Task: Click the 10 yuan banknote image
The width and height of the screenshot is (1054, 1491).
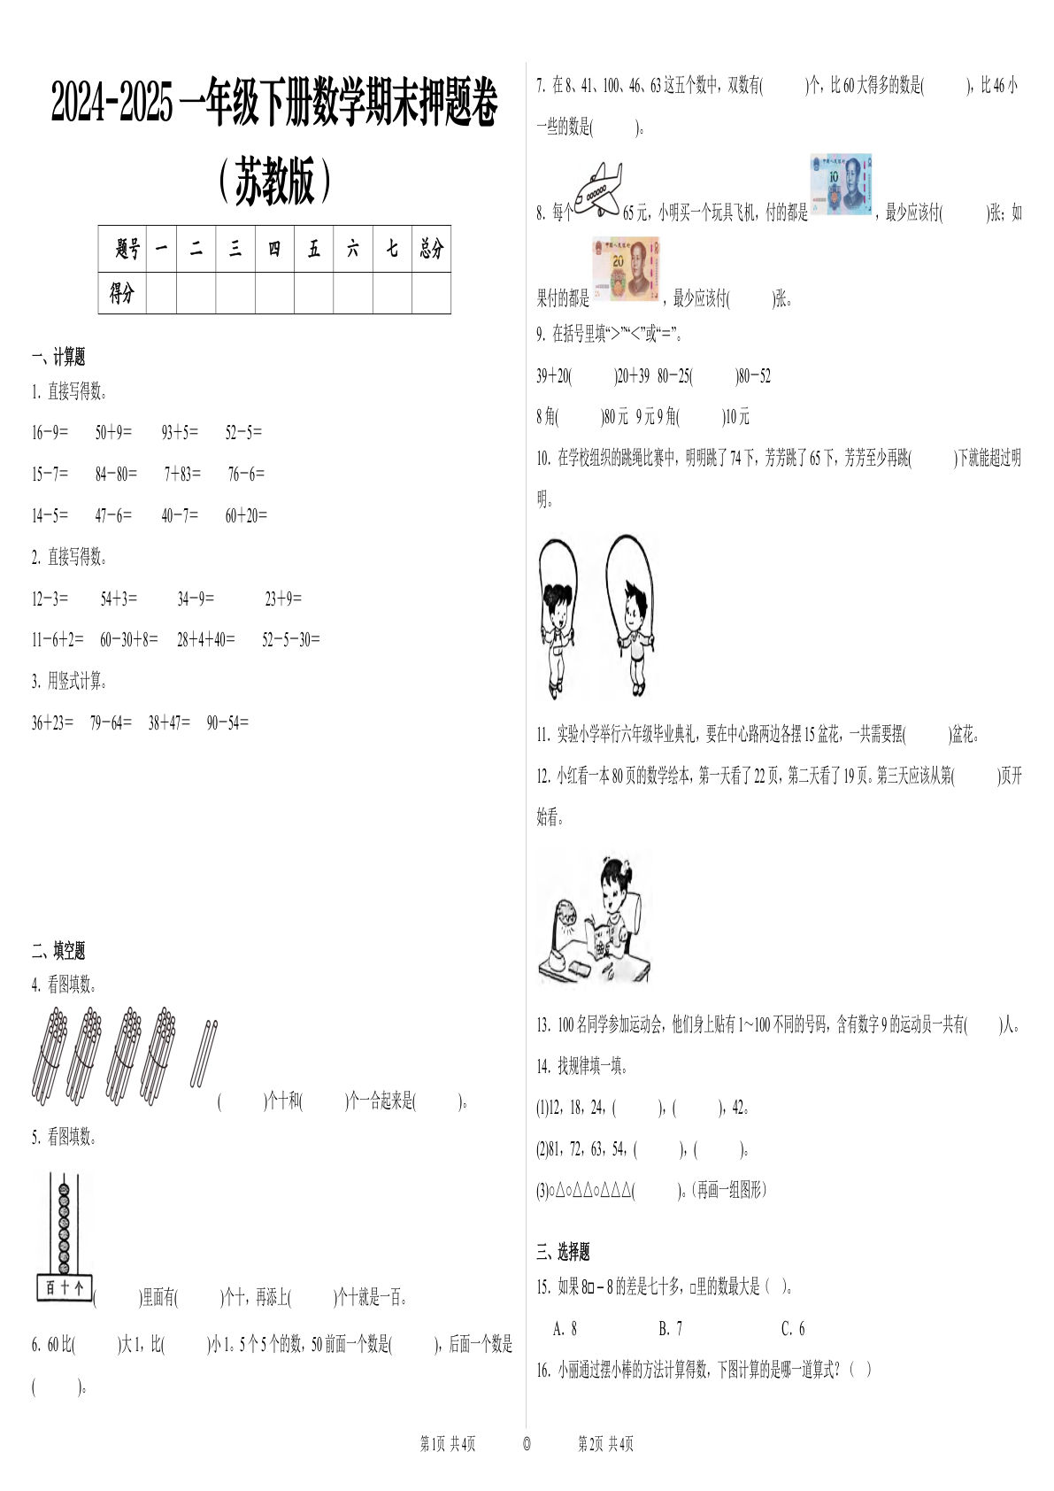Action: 840,184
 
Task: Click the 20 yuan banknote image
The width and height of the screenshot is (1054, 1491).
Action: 626,269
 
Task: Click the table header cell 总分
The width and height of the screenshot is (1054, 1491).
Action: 431,249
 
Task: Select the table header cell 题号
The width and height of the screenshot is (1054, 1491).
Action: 127,249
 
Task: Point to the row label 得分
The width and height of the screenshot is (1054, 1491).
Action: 122,293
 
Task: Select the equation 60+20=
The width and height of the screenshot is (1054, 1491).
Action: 246,515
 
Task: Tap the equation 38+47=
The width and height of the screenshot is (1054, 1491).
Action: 169,722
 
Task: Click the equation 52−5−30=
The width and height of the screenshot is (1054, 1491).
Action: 290,639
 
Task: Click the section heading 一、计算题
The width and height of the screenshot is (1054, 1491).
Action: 58,358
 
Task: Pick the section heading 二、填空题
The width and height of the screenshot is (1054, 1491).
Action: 58,951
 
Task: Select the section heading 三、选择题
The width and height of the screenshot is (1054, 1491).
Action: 563,1252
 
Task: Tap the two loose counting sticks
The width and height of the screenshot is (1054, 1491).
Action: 204,1054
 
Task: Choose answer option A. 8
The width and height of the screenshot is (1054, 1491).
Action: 565,1328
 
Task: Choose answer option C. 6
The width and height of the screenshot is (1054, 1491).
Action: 793,1328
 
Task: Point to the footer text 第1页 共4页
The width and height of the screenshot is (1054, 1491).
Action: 448,1444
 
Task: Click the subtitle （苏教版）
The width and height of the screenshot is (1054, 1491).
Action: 274,182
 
